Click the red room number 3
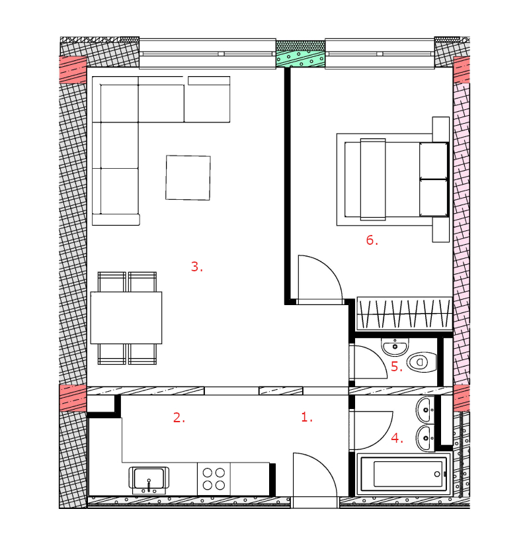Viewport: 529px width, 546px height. pyautogui.click(x=196, y=267)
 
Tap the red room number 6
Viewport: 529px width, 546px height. pyautogui.click(x=372, y=240)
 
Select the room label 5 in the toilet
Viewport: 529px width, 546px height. pyautogui.click(x=396, y=367)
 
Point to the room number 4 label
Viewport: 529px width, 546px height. pyautogui.click(x=397, y=437)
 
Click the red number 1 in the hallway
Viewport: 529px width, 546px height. pyautogui.click(x=307, y=417)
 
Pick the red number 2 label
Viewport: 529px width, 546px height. pyautogui.click(x=179, y=418)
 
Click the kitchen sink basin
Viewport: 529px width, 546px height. pyautogui.click(x=149, y=478)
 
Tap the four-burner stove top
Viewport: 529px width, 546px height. pyautogui.click(x=214, y=478)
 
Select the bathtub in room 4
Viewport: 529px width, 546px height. pyautogui.click(x=404, y=474)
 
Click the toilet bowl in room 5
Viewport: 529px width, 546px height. pyautogui.click(x=421, y=362)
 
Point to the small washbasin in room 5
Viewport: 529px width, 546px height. pyautogui.click(x=395, y=347)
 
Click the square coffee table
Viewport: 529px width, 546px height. pyautogui.click(x=188, y=177)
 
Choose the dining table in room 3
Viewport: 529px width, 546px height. pyautogui.click(x=126, y=318)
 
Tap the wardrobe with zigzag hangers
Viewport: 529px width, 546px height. pyautogui.click(x=405, y=314)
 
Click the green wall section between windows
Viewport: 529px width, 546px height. pyautogui.click(x=300, y=54)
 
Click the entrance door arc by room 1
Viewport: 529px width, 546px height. pyautogui.click(x=325, y=466)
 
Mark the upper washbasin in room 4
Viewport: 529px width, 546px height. pyautogui.click(x=425, y=410)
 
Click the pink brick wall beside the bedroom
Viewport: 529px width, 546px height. pyautogui.click(x=462, y=234)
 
